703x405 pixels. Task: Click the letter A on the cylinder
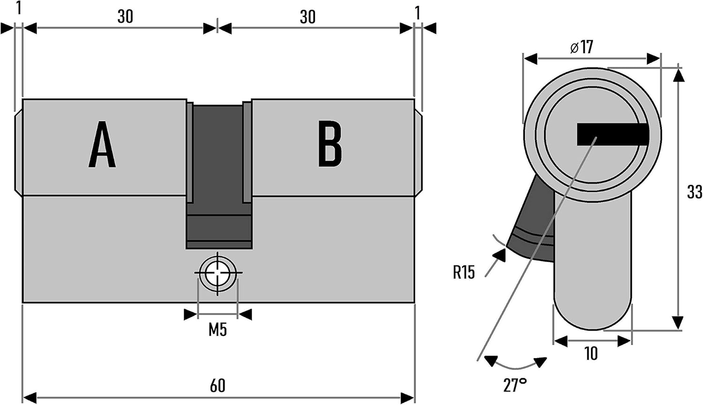pos(102,144)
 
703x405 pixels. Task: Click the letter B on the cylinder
pos(329,144)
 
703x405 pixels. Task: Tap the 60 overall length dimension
pos(217,385)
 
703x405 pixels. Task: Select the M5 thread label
pos(217,330)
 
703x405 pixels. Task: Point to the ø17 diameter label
pos(582,47)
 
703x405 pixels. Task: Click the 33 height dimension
pos(694,192)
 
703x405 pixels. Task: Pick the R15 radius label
pos(464,272)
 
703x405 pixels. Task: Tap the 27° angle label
pos(515,385)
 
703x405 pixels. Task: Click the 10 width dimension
pos(591,353)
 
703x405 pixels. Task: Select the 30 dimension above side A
pos(125,16)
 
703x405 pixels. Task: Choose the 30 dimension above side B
pos(307,17)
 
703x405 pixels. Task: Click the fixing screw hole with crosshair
pos(217,272)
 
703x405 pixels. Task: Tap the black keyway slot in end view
pos(613,134)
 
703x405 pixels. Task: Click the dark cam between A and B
pos(219,175)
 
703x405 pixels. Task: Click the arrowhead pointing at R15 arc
pos(499,255)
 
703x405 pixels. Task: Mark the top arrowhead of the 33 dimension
pos(679,75)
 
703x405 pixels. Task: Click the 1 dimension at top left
pos(19,8)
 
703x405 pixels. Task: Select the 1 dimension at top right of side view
pos(418,13)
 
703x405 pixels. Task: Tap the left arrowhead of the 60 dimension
pos(30,398)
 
